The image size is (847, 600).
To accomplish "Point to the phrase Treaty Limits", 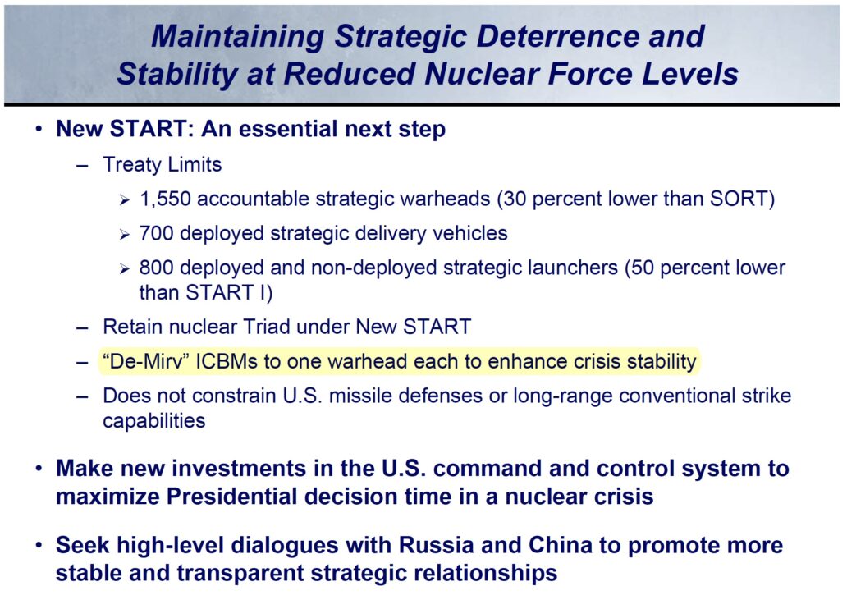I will point(162,165).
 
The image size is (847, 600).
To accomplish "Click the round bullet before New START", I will point(39,130).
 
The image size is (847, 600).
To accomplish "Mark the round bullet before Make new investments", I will point(39,469).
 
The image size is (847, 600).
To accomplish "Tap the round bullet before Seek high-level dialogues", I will point(39,546).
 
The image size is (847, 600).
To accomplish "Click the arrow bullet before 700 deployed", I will point(124,234).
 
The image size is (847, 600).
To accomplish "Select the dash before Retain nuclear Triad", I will point(81,327).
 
